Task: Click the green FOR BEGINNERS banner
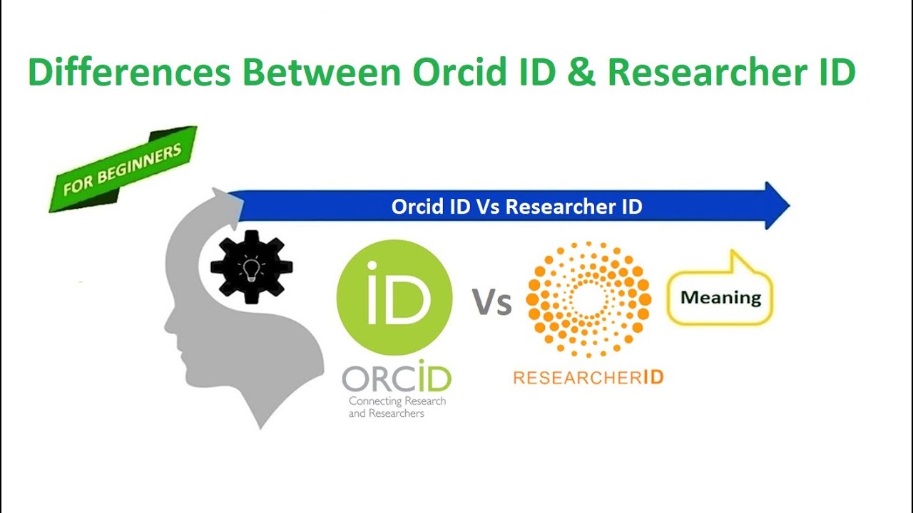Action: (122, 169)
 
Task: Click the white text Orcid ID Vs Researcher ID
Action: (516, 207)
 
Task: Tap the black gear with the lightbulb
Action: (251, 267)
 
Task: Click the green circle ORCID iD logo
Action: (394, 297)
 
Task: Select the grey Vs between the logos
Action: (491, 302)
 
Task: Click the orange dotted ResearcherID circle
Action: (588, 299)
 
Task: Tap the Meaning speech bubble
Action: (720, 296)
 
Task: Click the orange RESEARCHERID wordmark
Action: (588, 377)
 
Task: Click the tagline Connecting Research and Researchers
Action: (397, 407)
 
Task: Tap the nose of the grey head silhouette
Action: (168, 326)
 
